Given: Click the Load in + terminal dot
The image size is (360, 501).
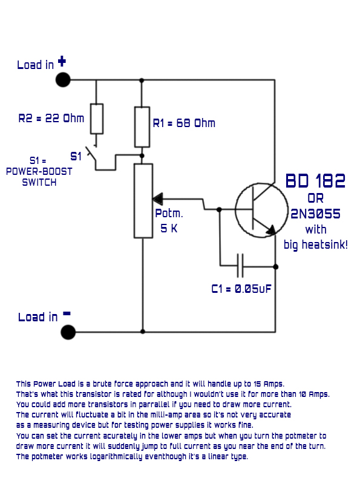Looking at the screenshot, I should tap(63, 79).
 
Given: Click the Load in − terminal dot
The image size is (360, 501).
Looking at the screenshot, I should tap(68, 332).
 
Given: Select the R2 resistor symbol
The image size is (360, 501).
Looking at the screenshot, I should tap(96, 118).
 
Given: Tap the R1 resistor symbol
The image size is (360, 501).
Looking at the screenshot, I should tap(142, 126).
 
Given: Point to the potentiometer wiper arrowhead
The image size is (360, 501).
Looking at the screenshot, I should tap(157, 198).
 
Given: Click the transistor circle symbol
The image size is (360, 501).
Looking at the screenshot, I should tap(261, 210).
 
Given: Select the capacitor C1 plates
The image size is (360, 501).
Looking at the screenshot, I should tap(240, 265).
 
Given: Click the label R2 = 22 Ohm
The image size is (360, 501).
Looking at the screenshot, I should tap(51, 118).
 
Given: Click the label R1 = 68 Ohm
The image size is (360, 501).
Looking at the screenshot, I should tap(184, 123).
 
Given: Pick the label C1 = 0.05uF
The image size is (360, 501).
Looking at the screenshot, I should tap(241, 289).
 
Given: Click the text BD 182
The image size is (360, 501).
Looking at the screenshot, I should tap(315, 180).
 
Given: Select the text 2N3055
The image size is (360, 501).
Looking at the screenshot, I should tap(315, 214).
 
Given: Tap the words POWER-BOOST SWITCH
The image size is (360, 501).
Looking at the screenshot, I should tap(39, 177).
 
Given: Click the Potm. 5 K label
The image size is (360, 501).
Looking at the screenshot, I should tap(169, 221).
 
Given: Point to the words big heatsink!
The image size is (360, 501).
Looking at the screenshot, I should tap(315, 245).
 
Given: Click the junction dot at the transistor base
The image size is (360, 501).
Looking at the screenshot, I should tap(219, 209).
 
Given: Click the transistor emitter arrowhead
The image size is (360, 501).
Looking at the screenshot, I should tap(270, 230).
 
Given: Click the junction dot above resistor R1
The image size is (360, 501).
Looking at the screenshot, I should tap(142, 80).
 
